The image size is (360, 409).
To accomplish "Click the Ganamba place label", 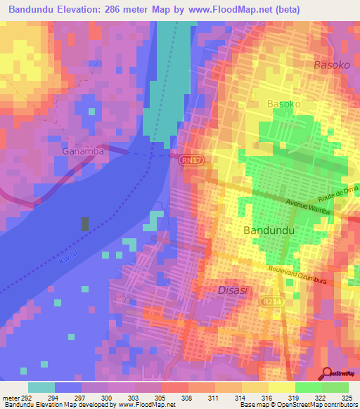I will pos(83,150).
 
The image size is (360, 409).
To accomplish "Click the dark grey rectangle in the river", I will pos(85,224).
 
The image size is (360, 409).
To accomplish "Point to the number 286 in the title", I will pos(122,10).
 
